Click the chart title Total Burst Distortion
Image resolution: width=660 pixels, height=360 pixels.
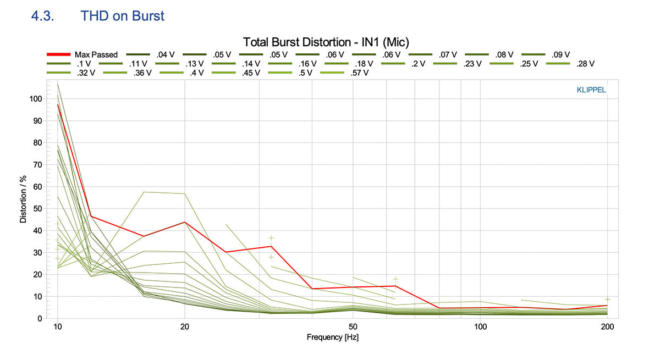(326, 42)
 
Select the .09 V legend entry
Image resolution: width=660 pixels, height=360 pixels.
(560, 54)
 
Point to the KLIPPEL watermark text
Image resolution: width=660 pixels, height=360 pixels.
(591, 90)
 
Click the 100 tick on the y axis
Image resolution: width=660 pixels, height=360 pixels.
(35, 99)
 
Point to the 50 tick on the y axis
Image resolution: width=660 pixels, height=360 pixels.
(37, 209)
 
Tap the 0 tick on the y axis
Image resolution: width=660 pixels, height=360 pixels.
(40, 319)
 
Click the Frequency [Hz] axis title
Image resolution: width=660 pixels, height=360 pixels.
(332, 337)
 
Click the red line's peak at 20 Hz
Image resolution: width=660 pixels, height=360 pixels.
(185, 222)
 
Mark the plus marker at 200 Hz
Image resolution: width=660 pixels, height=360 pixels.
(607, 300)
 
